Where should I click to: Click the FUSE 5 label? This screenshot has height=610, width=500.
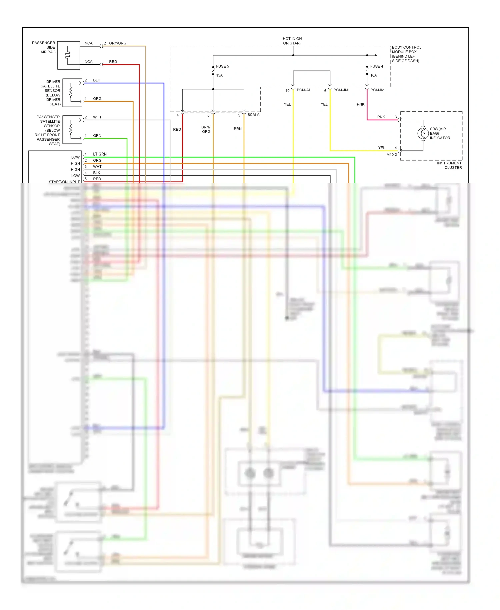(x=222, y=66)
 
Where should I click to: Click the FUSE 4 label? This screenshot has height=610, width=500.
(x=376, y=66)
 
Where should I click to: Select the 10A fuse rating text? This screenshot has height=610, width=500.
(x=373, y=75)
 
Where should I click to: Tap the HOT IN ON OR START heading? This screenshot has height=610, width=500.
(x=292, y=41)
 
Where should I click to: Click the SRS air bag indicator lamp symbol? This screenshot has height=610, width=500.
(x=423, y=133)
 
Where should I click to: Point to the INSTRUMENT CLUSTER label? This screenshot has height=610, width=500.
(x=449, y=165)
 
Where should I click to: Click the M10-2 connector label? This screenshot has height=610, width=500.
(x=391, y=155)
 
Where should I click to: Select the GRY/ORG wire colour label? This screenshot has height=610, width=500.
(x=118, y=43)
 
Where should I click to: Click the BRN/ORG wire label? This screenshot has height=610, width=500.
(x=206, y=129)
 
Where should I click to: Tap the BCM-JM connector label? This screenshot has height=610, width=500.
(x=341, y=90)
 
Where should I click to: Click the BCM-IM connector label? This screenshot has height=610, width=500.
(x=377, y=90)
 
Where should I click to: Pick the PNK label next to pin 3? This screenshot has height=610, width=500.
(x=381, y=117)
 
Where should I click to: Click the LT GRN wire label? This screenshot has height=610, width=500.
(x=100, y=154)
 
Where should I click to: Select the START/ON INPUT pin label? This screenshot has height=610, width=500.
(x=64, y=182)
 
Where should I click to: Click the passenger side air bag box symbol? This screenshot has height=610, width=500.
(x=68, y=55)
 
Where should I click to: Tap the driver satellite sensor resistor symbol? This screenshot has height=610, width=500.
(x=71, y=93)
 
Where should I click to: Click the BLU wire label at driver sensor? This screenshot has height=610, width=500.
(x=97, y=80)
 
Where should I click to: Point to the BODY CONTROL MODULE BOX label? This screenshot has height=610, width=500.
(x=406, y=54)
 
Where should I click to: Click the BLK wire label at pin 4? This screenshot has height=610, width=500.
(x=97, y=173)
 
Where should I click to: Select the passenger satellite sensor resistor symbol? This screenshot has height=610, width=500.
(x=71, y=130)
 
